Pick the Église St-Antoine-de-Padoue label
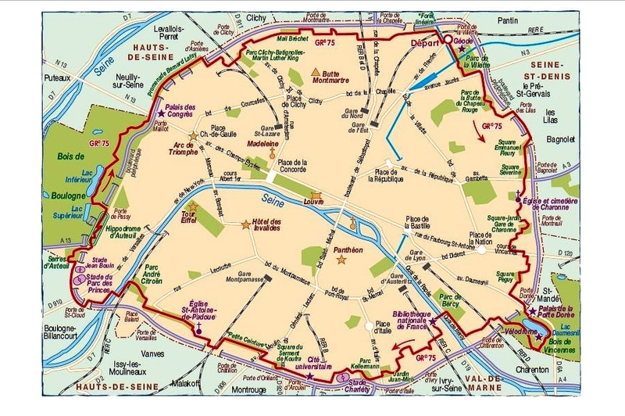(200, 309)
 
